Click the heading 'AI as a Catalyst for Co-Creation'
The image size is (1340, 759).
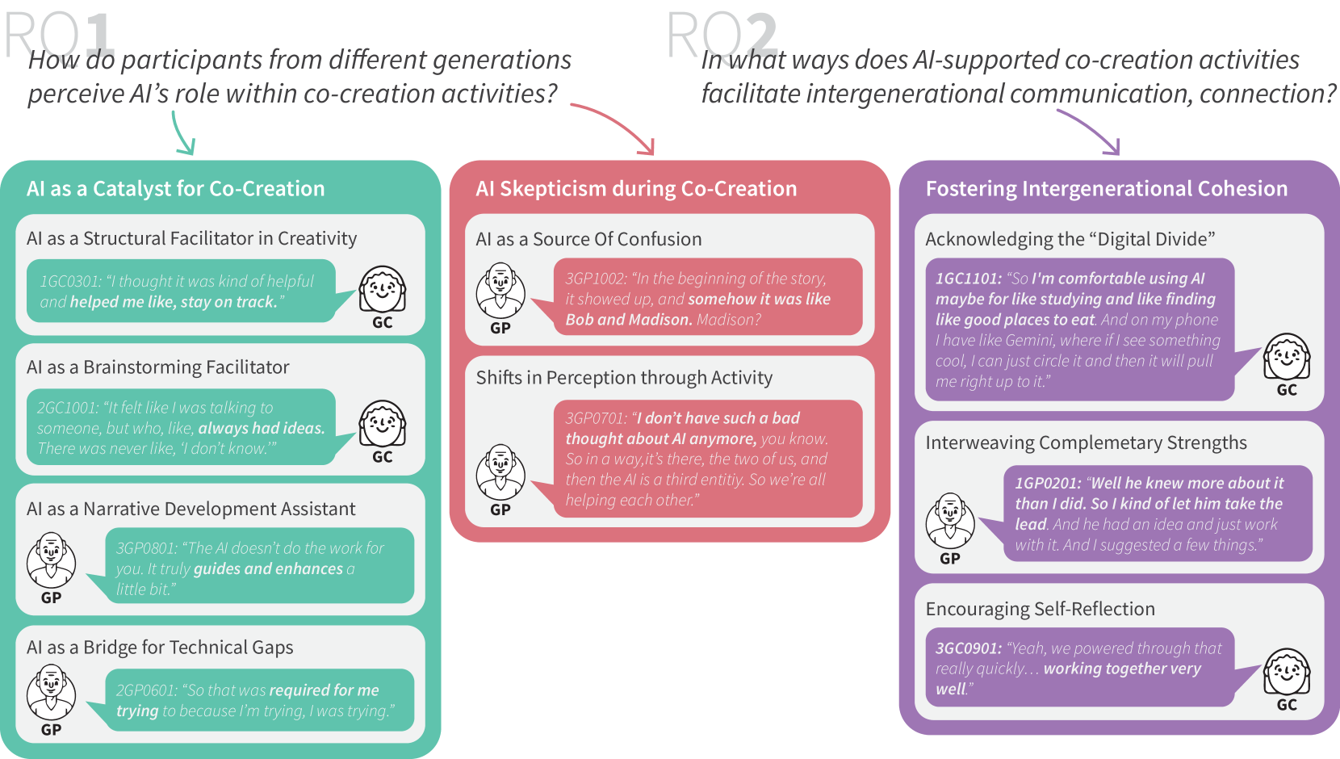click(x=175, y=188)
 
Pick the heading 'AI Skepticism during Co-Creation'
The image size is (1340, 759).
click(x=636, y=188)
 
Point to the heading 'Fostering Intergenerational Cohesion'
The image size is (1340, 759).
click(x=1106, y=188)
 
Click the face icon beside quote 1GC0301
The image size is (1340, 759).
click(x=382, y=289)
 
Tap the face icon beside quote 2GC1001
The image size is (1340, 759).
click(x=382, y=424)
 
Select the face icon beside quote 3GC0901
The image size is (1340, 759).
click(x=1287, y=672)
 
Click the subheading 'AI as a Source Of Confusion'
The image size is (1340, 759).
click(x=588, y=239)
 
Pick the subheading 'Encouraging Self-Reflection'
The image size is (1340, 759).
click(x=1040, y=609)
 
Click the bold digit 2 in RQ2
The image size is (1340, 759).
click(x=761, y=36)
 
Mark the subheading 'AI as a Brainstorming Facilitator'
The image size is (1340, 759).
click(x=157, y=367)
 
